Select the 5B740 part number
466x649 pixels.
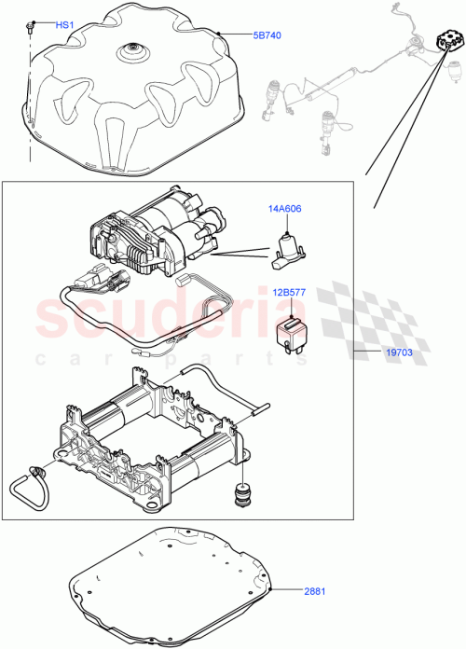[x=267, y=35]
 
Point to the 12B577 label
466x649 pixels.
[x=291, y=293]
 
